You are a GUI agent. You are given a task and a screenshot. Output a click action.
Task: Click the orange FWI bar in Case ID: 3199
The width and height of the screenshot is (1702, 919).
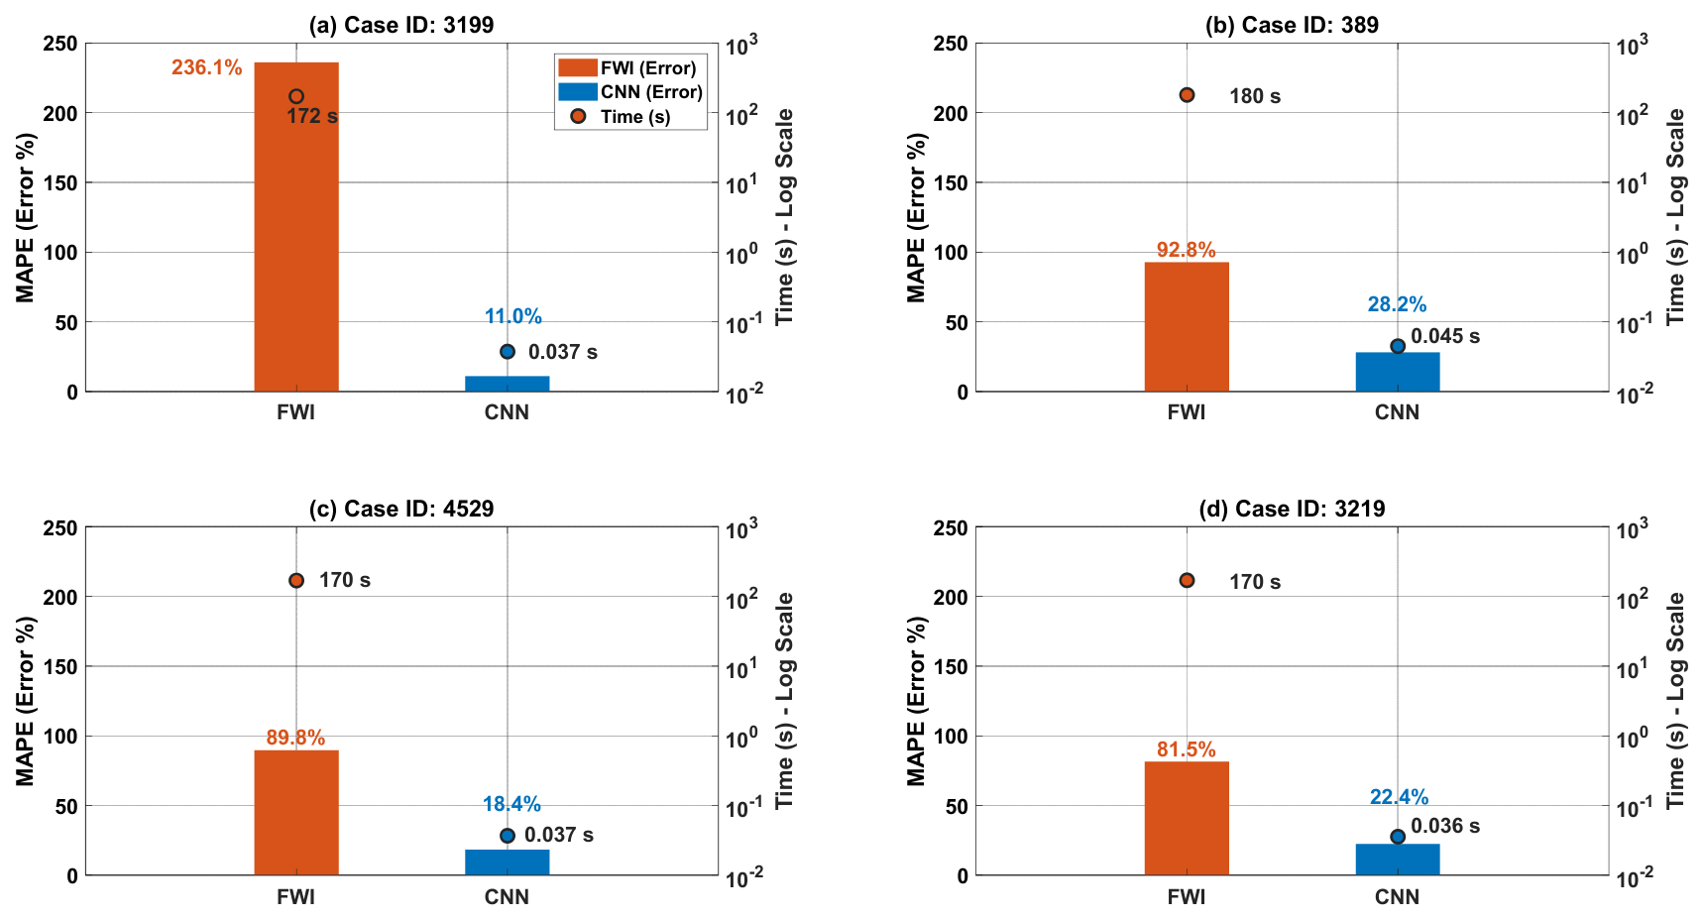point(296,227)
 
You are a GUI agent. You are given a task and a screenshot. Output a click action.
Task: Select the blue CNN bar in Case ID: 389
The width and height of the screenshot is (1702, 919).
point(1398,372)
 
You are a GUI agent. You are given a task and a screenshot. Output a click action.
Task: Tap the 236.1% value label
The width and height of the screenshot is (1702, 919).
point(206,67)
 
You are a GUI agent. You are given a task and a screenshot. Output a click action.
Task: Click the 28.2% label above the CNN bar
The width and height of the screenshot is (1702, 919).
point(1397,304)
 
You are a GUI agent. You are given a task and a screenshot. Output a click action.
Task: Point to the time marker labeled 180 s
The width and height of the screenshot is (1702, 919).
point(1187,95)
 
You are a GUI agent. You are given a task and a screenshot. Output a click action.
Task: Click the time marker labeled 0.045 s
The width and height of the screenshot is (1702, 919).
point(1398,346)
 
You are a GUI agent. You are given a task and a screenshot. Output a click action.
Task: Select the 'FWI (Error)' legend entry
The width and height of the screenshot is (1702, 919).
point(628,67)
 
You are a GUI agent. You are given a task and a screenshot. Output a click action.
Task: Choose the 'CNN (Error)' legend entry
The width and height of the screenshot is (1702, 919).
point(630,92)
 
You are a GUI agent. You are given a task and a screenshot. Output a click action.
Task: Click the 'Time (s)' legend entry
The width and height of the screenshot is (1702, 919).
point(621,116)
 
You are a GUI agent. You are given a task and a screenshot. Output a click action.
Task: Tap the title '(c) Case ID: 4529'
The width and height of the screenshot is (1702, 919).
point(401,509)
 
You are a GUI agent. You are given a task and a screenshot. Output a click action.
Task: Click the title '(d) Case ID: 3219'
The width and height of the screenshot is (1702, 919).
point(1292,509)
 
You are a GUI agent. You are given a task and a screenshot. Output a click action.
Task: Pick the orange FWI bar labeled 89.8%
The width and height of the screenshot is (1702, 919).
point(296,813)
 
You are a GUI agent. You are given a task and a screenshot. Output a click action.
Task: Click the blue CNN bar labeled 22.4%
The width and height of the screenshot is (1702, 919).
point(1398,860)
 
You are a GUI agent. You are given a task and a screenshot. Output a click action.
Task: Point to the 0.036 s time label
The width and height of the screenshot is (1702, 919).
point(1445,826)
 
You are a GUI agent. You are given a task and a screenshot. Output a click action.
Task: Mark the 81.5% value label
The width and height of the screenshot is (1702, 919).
point(1187,749)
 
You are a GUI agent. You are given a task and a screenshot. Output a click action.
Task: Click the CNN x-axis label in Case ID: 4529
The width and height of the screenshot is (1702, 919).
point(507,896)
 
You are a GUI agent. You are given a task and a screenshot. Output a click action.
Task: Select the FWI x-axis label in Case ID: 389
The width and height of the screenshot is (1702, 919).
point(1187,412)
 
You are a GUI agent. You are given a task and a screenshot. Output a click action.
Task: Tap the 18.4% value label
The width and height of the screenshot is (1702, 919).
point(511,804)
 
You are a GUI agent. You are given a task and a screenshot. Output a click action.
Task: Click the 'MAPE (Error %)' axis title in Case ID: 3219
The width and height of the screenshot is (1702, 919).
point(916,701)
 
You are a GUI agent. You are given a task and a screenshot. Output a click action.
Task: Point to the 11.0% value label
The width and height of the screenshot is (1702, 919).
point(512,316)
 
